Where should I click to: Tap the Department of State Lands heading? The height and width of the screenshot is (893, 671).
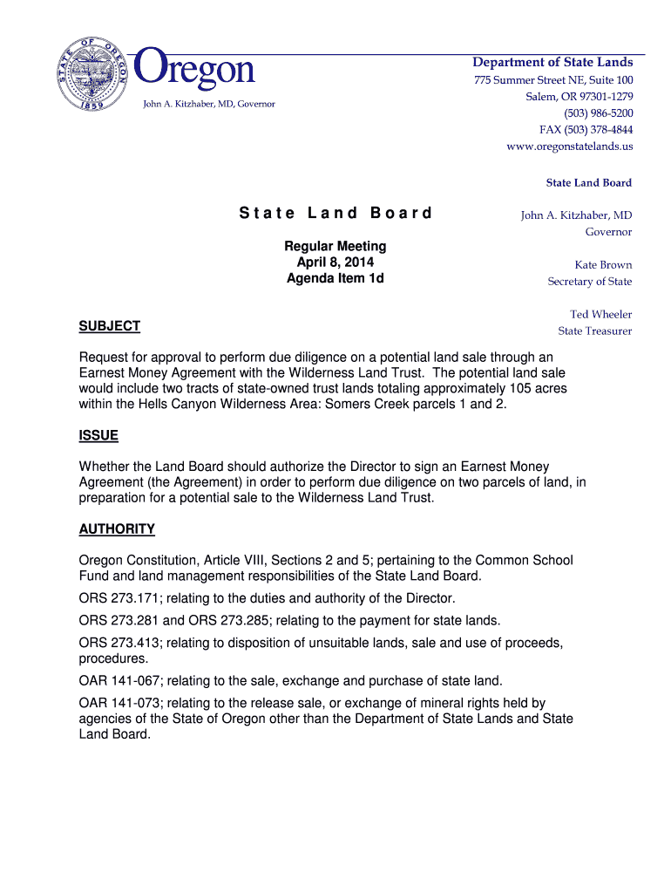[x=552, y=62]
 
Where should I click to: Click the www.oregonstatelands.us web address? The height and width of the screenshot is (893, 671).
[x=569, y=147]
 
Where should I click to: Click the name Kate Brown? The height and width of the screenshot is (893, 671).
[x=603, y=265]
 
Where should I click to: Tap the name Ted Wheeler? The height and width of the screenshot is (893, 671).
[x=600, y=315]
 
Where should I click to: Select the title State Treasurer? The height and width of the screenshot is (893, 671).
[x=595, y=331]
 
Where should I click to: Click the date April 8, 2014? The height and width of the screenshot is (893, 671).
[x=335, y=262]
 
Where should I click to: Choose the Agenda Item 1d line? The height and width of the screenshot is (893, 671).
[x=335, y=278]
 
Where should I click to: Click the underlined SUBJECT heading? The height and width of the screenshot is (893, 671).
[x=110, y=326]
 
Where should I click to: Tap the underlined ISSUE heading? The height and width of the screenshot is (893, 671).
[x=98, y=435]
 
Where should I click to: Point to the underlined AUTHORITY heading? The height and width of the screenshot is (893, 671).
[x=117, y=529]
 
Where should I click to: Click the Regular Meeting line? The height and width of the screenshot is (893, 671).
[x=335, y=247]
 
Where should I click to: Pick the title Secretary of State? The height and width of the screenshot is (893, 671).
[x=589, y=282]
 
